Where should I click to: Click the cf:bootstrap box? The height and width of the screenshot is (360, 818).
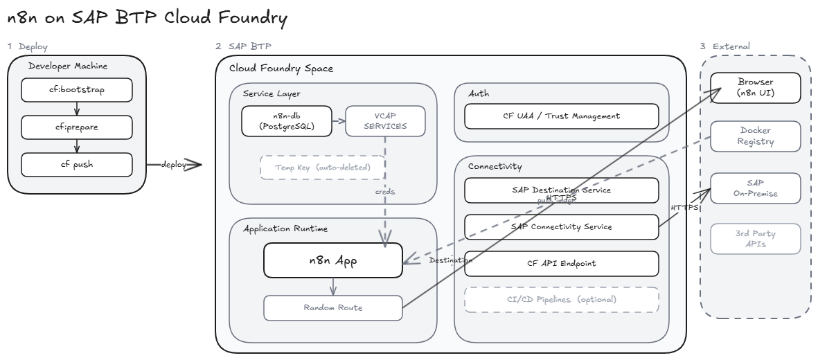click(x=76, y=89)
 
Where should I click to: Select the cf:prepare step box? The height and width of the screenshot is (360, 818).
click(x=76, y=127)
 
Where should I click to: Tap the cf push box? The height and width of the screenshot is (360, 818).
click(x=76, y=165)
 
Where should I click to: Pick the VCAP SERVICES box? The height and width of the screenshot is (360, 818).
click(x=386, y=120)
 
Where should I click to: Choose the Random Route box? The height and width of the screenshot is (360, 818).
click(x=332, y=307)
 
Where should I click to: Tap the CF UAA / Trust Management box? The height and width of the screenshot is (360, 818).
click(x=560, y=116)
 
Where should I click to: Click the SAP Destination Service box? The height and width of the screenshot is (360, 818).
click(x=560, y=189)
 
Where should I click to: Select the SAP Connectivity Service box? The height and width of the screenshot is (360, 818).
click(x=560, y=226)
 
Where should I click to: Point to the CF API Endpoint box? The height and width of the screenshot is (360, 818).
click(x=560, y=263)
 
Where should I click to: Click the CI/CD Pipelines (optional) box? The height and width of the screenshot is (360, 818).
click(x=560, y=300)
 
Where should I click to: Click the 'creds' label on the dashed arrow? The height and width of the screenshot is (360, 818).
click(x=385, y=192)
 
